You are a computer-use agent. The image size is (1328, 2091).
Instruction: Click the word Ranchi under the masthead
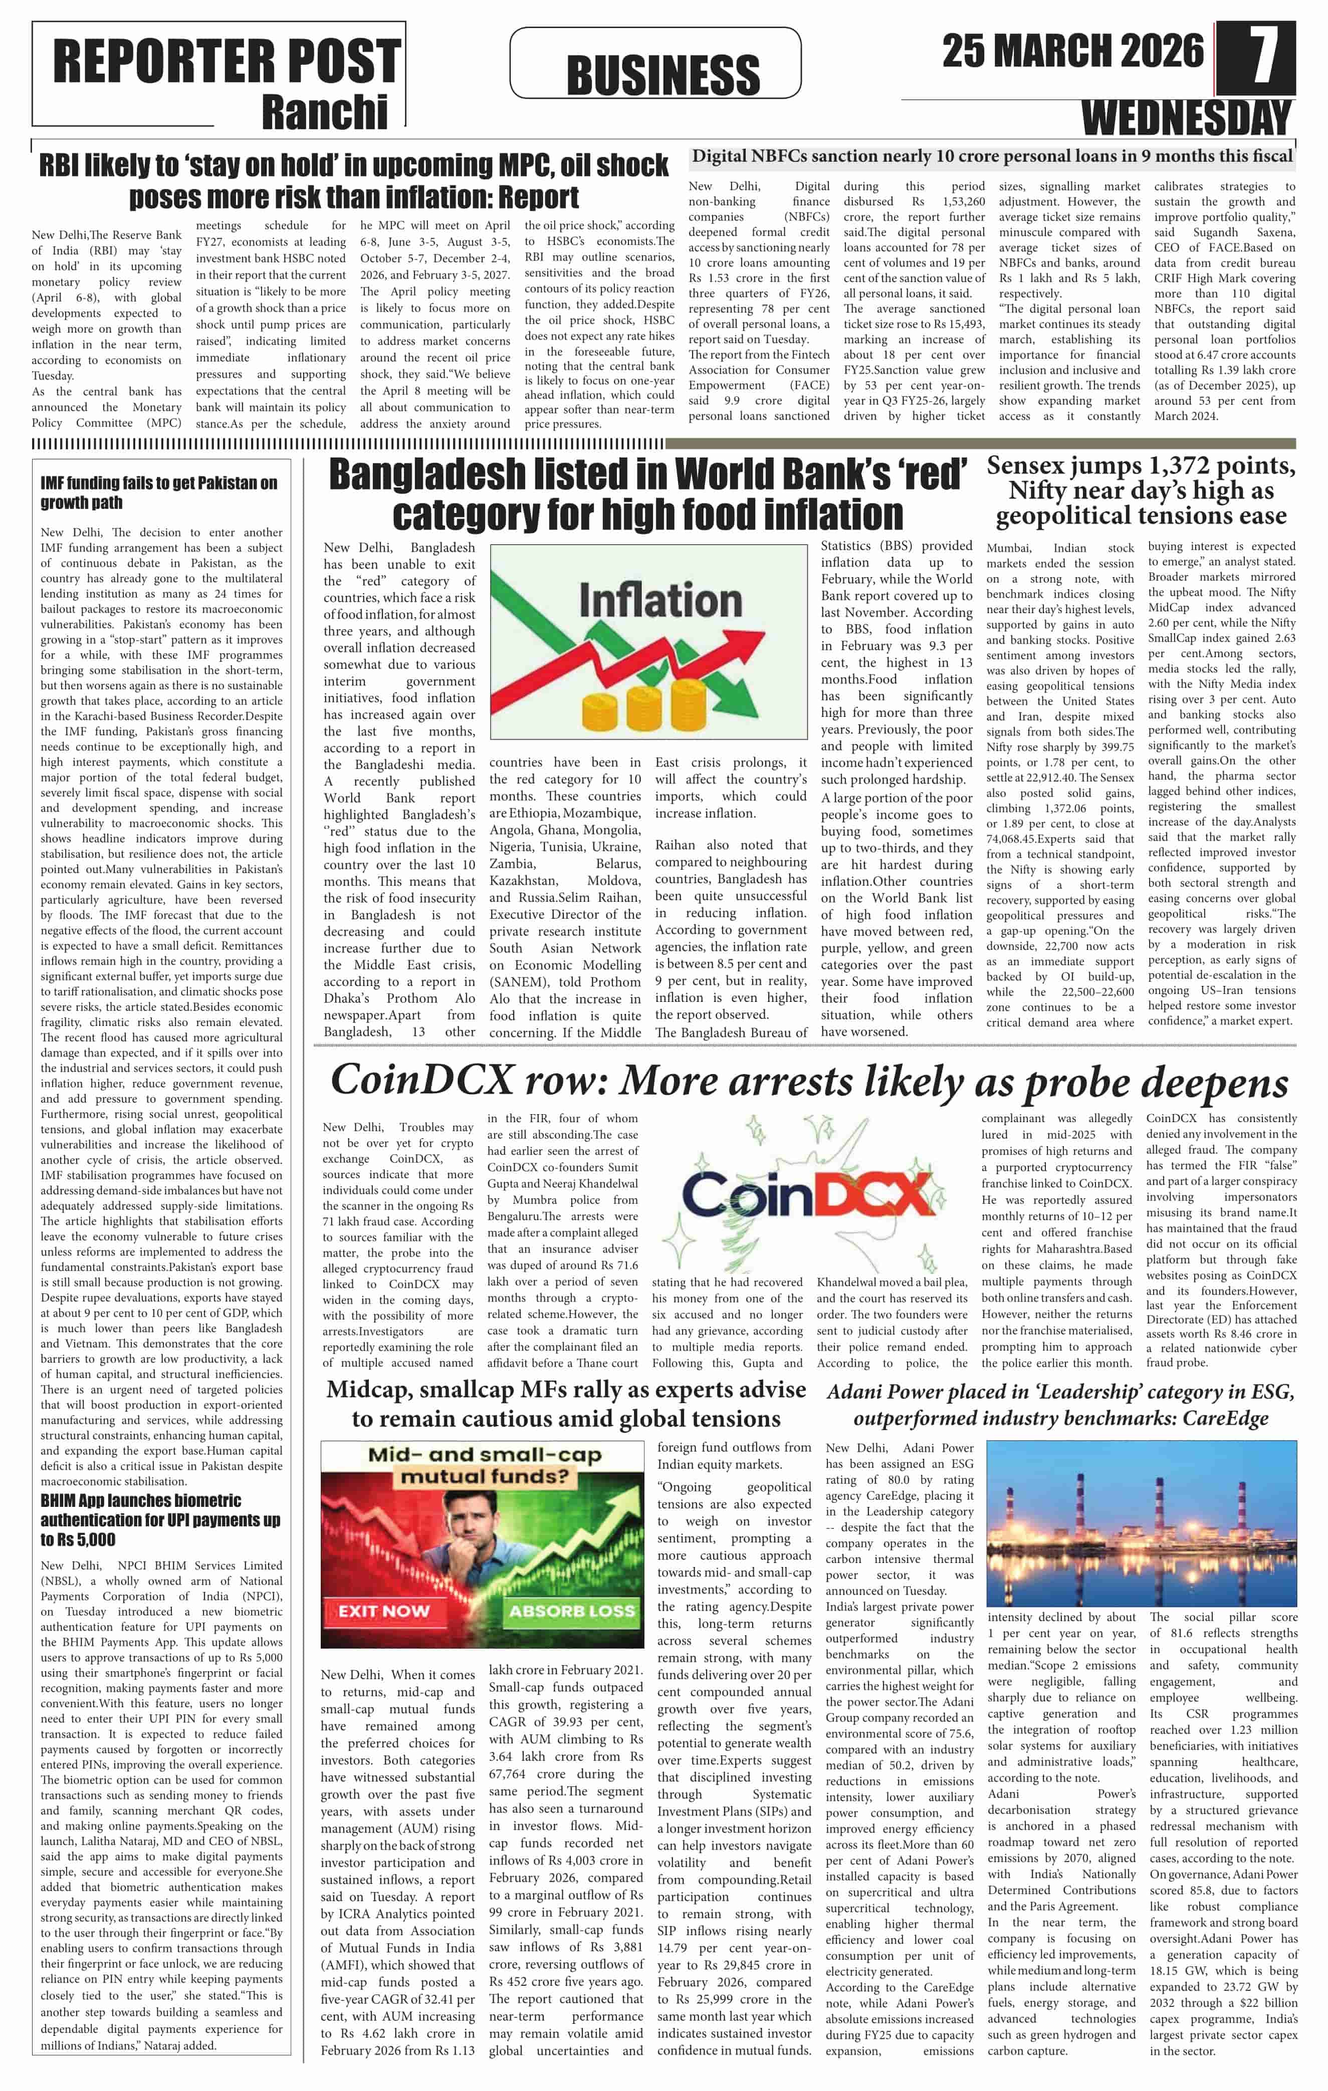click(x=325, y=113)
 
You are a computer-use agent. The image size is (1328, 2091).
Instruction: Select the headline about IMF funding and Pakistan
click(x=159, y=492)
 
